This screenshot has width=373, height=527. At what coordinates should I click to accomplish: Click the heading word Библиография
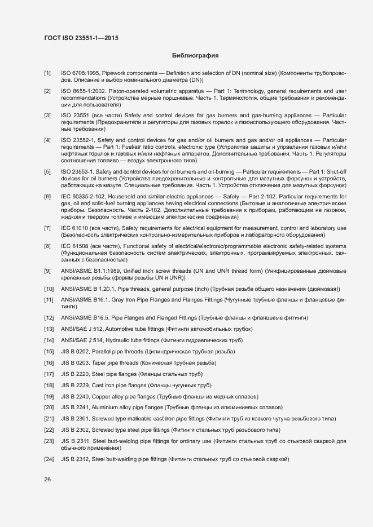point(195,56)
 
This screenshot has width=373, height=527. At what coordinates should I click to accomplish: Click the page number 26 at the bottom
point(47,479)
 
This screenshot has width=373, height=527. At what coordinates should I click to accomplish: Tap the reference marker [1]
point(47,73)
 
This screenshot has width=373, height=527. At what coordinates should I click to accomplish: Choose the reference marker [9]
point(47,272)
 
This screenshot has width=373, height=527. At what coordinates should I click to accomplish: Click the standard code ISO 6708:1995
point(80,73)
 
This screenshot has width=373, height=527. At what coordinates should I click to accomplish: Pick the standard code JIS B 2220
point(75,374)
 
